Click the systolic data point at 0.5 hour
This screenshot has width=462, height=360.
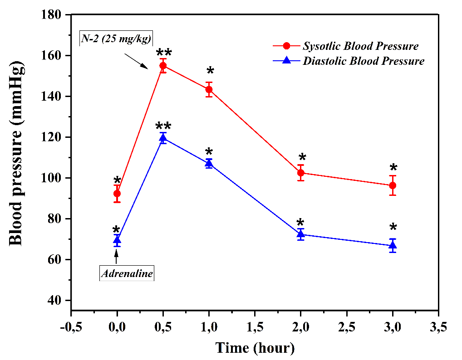[x=163, y=66]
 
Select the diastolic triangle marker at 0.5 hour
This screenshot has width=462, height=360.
[x=163, y=138]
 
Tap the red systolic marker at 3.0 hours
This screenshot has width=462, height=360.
[x=393, y=185]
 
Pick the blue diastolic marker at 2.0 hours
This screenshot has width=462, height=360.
[x=300, y=234]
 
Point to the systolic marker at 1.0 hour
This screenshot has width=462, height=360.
[x=209, y=89]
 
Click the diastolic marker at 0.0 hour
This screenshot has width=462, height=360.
[x=117, y=240]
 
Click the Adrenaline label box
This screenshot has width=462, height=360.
[x=127, y=274]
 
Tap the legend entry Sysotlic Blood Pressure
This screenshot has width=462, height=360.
[x=360, y=46]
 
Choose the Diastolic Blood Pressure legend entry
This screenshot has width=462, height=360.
[x=364, y=61]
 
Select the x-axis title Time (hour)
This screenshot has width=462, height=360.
[x=255, y=348]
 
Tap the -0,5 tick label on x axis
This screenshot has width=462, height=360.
[x=71, y=327]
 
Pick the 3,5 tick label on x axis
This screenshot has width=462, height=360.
[x=438, y=327]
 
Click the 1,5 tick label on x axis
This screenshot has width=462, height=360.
[x=255, y=327]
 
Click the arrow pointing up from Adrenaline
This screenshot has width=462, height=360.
[x=117, y=256]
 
